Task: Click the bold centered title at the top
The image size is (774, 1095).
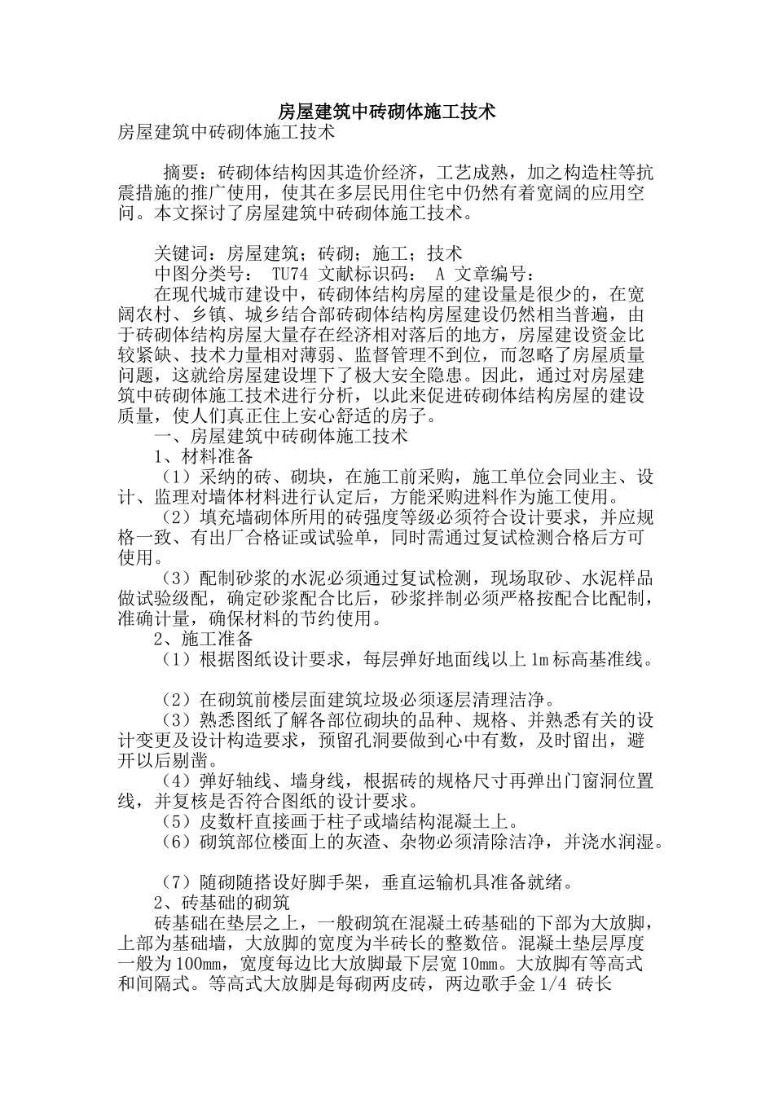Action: tap(387, 112)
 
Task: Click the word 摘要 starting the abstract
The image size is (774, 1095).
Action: tap(181, 174)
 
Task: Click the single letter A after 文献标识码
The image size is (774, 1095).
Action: tap(440, 274)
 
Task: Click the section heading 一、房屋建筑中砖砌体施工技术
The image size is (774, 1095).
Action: tap(281, 436)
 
